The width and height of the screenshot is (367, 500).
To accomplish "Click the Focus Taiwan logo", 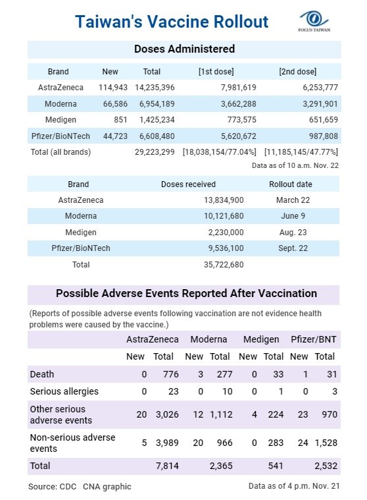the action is click(x=314, y=21).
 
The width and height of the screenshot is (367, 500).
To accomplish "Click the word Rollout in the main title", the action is click(x=241, y=22).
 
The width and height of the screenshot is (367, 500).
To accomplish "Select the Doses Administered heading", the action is click(x=184, y=49).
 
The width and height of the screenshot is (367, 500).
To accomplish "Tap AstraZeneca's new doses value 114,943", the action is click(x=113, y=88).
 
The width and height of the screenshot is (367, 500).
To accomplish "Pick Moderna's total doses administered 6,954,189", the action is click(x=157, y=103).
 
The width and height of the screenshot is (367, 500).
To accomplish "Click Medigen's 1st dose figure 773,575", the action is click(x=241, y=120).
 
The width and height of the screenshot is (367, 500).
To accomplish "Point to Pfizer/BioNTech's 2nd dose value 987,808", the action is click(x=324, y=136).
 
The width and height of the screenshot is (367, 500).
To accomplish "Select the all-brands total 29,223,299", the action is click(x=155, y=152).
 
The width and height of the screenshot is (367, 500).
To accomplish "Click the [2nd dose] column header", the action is click(x=297, y=71).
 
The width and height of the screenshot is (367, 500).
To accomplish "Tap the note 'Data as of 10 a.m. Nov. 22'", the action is click(x=295, y=165).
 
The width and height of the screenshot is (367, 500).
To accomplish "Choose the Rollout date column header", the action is click(x=291, y=184).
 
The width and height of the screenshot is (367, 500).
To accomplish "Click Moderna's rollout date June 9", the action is click(x=293, y=216).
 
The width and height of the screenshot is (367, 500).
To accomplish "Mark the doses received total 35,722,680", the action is click(x=224, y=265).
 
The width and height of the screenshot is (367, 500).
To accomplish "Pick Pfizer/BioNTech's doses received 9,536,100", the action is click(x=226, y=248).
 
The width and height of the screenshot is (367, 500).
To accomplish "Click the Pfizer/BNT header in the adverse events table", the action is click(x=314, y=339).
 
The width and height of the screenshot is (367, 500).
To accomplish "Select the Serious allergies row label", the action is click(x=64, y=391).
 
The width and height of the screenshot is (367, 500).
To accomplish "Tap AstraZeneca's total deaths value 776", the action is click(x=171, y=374).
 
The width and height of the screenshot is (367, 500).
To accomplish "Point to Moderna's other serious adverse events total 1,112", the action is click(x=221, y=414).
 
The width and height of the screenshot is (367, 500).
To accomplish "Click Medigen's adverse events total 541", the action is click(x=276, y=466).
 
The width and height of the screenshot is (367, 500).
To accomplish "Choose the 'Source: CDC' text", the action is click(x=52, y=487).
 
